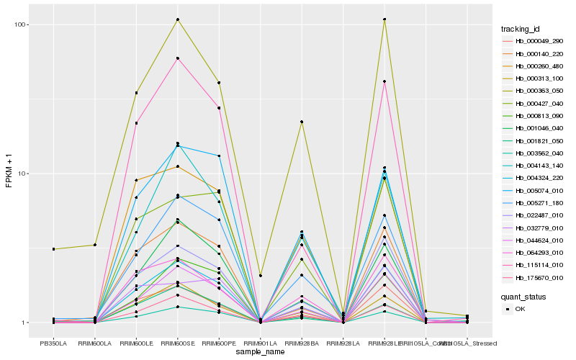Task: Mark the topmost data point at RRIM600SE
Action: (x=177, y=19)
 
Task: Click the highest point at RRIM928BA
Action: (x=302, y=122)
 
